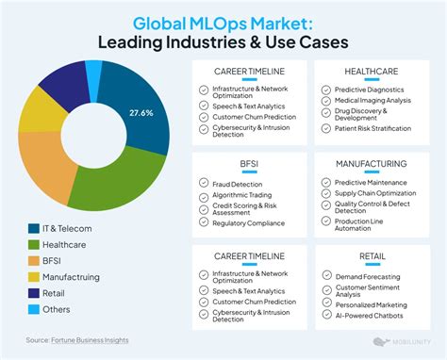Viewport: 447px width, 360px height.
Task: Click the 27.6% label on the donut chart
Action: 141,113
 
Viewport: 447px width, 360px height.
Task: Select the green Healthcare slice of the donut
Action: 120,181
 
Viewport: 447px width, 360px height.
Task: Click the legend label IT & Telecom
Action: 67,229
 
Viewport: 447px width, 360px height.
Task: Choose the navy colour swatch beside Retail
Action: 34,293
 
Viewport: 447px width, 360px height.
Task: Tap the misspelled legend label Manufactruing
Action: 71,277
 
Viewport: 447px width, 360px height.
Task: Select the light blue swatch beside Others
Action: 34,309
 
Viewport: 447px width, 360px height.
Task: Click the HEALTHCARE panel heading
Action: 372,72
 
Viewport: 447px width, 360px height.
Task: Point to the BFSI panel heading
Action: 249,164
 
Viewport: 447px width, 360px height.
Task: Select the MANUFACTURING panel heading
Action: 372,164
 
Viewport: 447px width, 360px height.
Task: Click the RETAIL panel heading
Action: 372,256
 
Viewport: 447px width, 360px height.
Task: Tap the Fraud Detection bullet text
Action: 238,185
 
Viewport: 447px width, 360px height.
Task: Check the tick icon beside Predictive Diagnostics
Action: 326,90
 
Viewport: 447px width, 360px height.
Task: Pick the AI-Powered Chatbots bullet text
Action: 370,316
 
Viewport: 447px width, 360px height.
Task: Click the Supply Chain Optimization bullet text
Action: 375,193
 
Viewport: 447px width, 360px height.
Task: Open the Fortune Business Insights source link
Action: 90,340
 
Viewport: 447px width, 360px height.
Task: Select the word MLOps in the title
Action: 218,24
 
